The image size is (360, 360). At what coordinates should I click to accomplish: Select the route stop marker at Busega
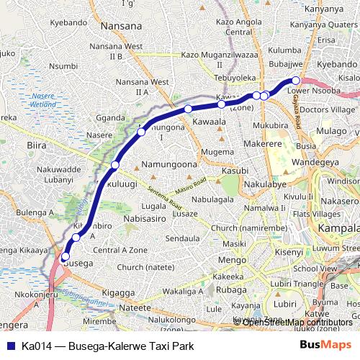pyautogui.click(x=65, y=256)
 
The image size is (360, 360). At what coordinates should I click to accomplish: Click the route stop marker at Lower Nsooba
pyautogui.click(x=295, y=81)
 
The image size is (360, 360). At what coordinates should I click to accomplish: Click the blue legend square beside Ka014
pyautogui.click(x=10, y=346)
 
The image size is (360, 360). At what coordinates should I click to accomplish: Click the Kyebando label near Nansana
pyautogui.click(x=69, y=23)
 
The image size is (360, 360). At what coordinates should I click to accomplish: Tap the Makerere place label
pyautogui.click(x=266, y=145)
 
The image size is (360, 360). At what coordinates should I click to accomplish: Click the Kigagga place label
pyautogui.click(x=119, y=294)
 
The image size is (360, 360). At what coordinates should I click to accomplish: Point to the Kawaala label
pyautogui.click(x=210, y=123)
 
